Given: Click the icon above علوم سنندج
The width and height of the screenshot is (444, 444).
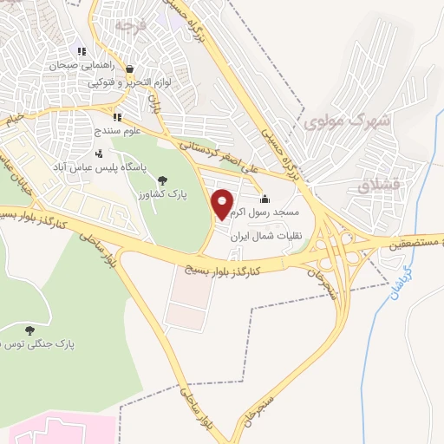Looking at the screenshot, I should tap(117, 117).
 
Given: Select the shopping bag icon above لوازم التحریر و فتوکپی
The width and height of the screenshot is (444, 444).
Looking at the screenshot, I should tap(129, 69).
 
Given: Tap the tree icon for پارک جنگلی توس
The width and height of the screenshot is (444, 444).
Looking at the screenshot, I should tap(30, 330).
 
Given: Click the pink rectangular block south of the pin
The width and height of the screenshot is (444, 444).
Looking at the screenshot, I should tap(187, 304).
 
